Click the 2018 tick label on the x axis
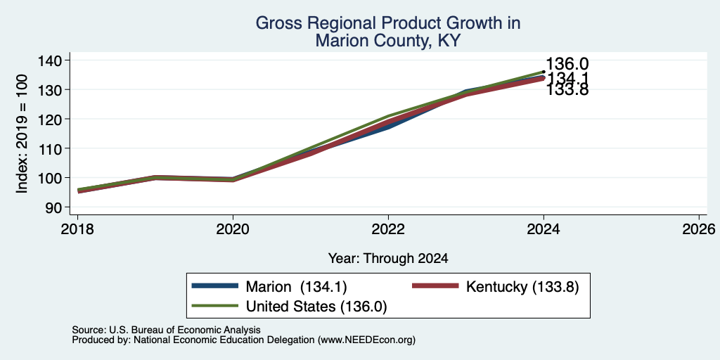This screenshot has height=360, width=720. click(x=77, y=229)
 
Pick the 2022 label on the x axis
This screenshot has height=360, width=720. click(x=388, y=229)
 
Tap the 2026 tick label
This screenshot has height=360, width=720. click(x=699, y=229)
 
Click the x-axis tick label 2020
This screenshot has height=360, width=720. click(x=233, y=229)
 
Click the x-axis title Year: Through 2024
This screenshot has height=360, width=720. click(x=388, y=259)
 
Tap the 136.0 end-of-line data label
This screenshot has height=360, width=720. click(x=567, y=64)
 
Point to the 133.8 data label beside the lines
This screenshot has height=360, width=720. click(x=567, y=90)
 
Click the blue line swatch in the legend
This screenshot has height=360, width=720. click(x=215, y=286)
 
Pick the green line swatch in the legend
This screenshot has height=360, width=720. click(x=215, y=306)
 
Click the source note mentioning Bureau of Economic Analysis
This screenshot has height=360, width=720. click(x=166, y=330)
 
